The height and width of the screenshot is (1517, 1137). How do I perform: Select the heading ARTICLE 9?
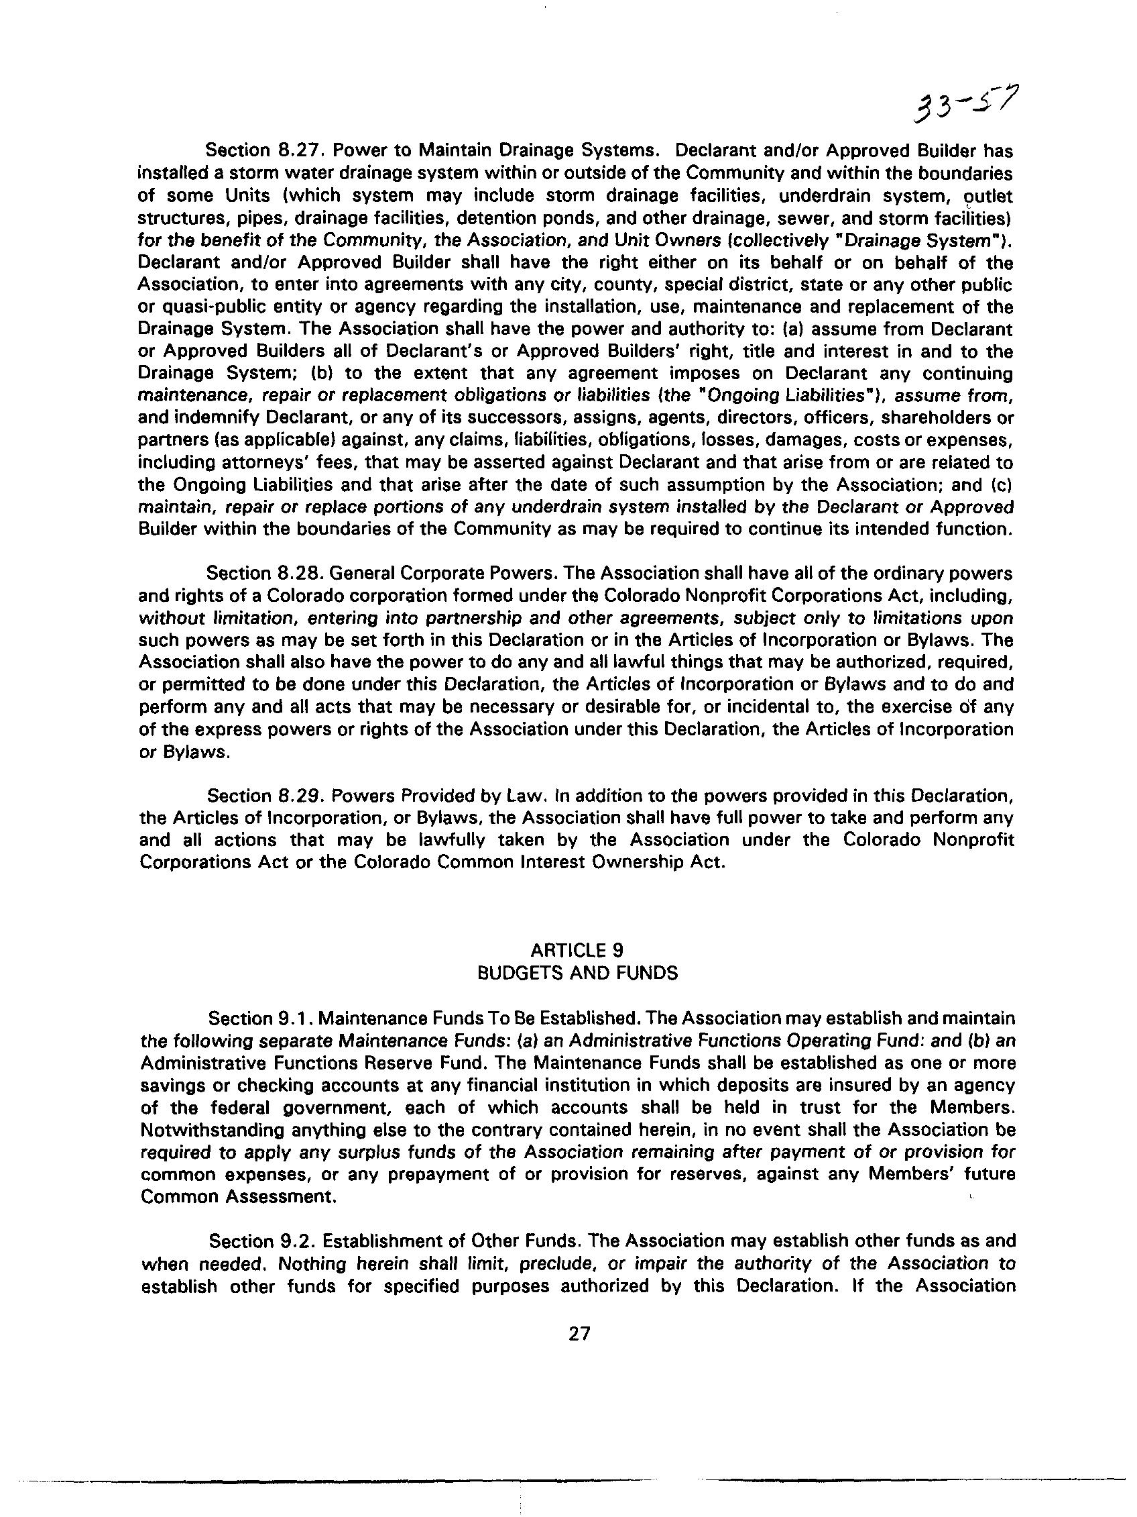(577, 950)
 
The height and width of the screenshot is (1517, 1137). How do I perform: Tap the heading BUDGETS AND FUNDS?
(577, 972)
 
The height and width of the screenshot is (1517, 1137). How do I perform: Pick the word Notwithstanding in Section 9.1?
(207, 1129)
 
